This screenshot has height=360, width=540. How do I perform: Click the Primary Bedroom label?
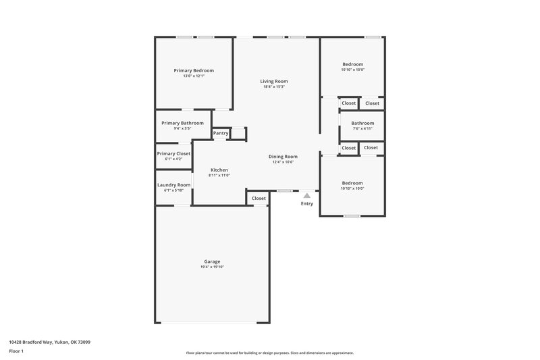(194, 71)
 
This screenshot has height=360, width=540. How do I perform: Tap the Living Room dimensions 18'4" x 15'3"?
(274, 86)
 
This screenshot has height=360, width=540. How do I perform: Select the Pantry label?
(221, 134)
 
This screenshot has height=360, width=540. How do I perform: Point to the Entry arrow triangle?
(306, 195)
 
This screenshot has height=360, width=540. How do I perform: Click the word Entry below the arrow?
(306, 203)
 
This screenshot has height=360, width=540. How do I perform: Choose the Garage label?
(212, 261)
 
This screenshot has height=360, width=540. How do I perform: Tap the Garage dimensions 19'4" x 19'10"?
(212, 267)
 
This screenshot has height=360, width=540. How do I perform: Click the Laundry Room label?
(173, 185)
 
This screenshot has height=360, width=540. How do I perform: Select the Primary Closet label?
(173, 154)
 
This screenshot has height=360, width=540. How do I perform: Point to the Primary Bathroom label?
(182, 123)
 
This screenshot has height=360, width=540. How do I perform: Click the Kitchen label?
(219, 170)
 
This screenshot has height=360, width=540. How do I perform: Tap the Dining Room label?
(285, 156)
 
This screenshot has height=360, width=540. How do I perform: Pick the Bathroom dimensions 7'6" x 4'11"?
(362, 128)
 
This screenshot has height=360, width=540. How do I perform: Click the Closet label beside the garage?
(259, 199)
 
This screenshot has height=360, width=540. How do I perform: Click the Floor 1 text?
(16, 351)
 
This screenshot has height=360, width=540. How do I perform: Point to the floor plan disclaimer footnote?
(269, 353)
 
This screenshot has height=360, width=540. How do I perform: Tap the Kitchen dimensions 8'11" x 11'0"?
(219, 175)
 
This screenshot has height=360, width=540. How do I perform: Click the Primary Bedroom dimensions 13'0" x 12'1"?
(194, 76)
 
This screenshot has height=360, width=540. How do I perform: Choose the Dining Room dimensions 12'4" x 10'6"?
(285, 161)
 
